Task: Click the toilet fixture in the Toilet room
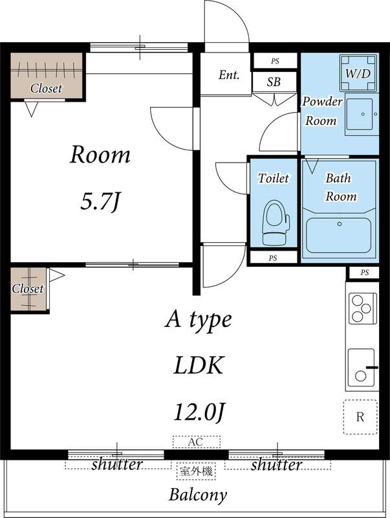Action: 275,222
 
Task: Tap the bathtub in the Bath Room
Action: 339,235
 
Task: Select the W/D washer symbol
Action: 358,73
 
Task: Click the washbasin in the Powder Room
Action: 361,115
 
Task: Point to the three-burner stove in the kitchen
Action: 363,308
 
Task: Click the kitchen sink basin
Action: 362,368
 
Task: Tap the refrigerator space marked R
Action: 360,417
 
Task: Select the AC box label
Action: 197,442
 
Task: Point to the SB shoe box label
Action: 274,82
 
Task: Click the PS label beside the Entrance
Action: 275,61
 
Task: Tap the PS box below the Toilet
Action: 273,258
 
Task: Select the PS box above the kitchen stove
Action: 364,273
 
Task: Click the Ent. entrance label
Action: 229,75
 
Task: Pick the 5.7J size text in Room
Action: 100,201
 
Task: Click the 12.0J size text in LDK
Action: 199,412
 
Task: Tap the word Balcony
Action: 198,495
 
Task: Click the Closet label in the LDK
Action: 28,289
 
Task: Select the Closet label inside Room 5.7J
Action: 46,88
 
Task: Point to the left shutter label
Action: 116,464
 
